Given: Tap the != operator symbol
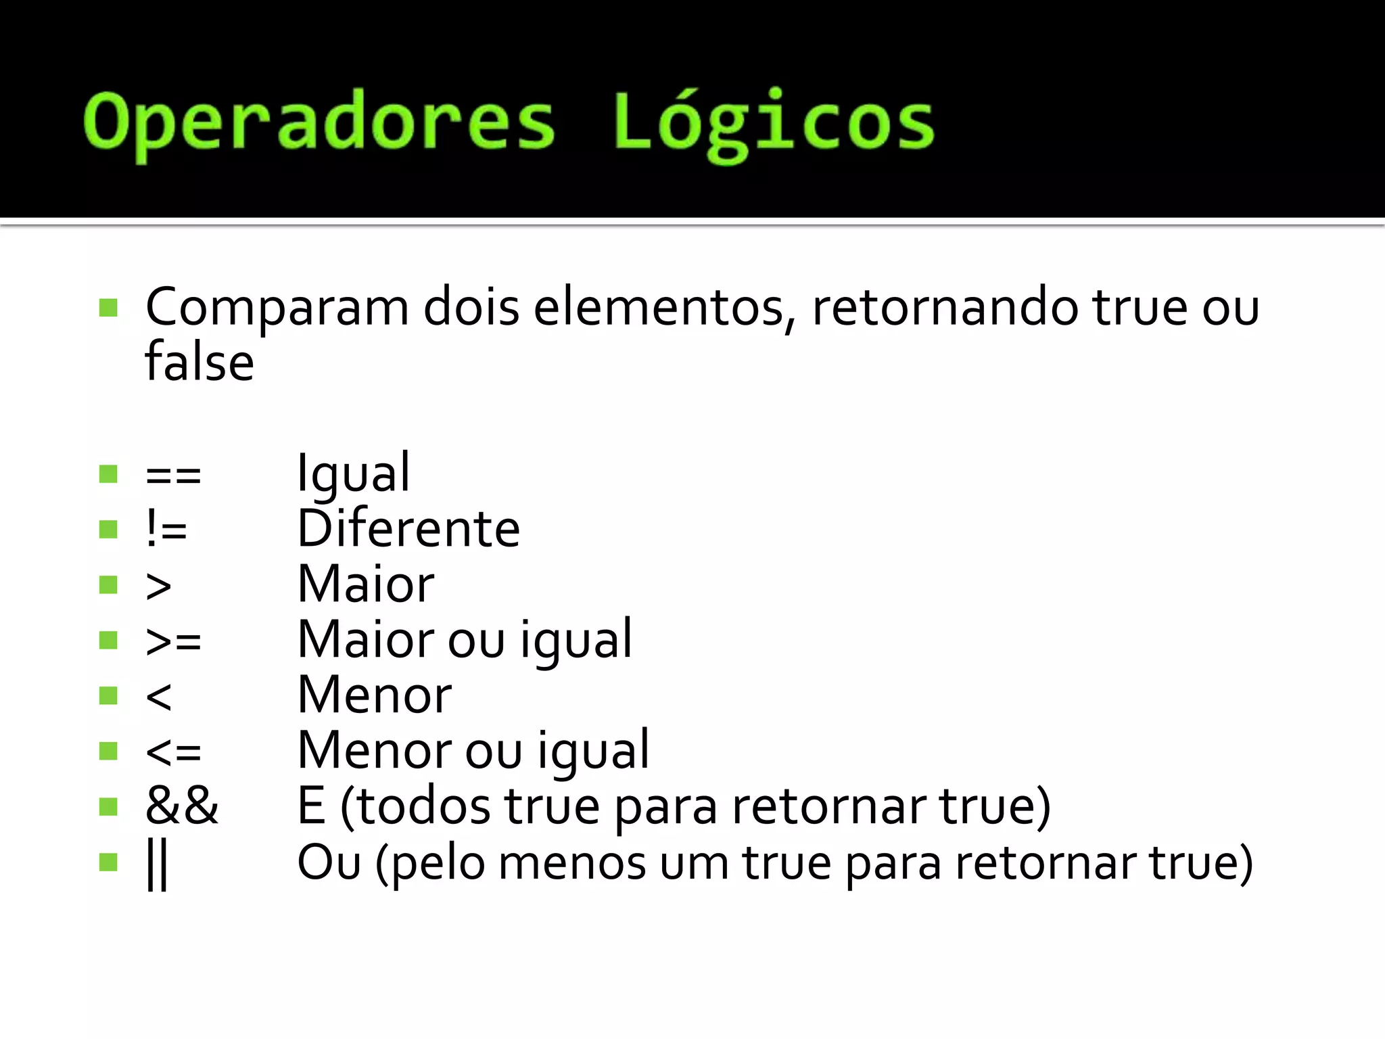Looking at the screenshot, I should (x=166, y=529).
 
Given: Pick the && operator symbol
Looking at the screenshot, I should (x=182, y=806).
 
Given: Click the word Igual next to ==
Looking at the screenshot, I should (x=354, y=474).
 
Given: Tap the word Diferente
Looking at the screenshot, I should (x=408, y=529).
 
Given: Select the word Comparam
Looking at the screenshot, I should (x=277, y=308).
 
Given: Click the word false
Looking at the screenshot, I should (x=199, y=363).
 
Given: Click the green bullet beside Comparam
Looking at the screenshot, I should (x=108, y=308).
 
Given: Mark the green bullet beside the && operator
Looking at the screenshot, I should (x=108, y=806).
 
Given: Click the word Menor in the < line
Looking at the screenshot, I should (x=375, y=695).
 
